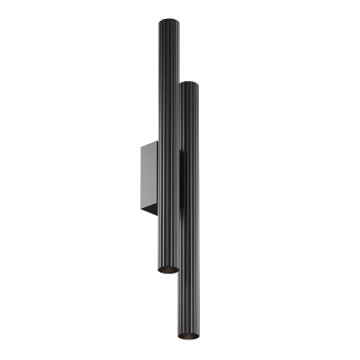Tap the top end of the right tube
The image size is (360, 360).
[189, 85]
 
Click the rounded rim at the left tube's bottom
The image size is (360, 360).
[168, 274]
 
